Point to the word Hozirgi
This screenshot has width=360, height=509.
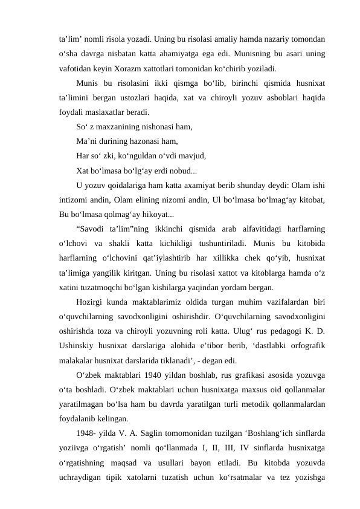91,302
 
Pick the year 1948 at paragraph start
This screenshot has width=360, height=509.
87,448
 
